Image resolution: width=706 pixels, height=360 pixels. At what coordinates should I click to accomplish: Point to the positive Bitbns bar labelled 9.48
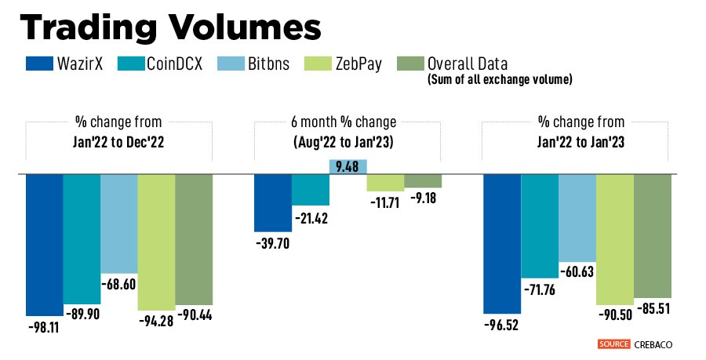(348, 165)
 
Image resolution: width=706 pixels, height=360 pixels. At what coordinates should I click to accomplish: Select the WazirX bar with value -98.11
(44, 244)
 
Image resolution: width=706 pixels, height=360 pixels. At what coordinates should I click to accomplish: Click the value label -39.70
(272, 243)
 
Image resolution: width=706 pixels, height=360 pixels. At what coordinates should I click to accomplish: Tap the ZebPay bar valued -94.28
(156, 241)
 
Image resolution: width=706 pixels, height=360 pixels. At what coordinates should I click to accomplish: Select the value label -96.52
(501, 323)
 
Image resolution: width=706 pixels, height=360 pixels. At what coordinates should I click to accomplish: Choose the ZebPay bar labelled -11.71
(385, 182)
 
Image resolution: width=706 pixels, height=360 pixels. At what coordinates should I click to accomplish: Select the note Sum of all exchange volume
(500, 79)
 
